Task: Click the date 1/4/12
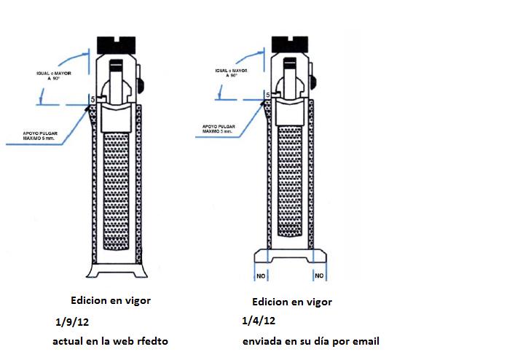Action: point(258,321)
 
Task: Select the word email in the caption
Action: point(364,340)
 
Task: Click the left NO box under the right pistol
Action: point(261,275)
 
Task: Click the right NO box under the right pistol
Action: point(318,275)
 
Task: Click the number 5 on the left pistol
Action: point(93,98)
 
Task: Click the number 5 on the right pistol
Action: point(267,95)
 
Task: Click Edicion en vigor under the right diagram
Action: point(291,301)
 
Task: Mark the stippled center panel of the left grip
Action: point(117,189)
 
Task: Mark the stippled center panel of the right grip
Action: point(291,182)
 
